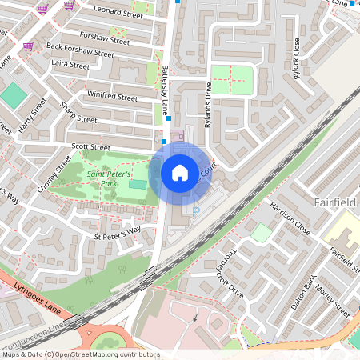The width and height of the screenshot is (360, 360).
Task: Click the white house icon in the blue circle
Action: pos(180,172)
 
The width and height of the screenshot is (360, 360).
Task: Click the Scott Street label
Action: pos(90,147)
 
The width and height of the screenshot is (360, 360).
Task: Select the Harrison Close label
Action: pos(290,217)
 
